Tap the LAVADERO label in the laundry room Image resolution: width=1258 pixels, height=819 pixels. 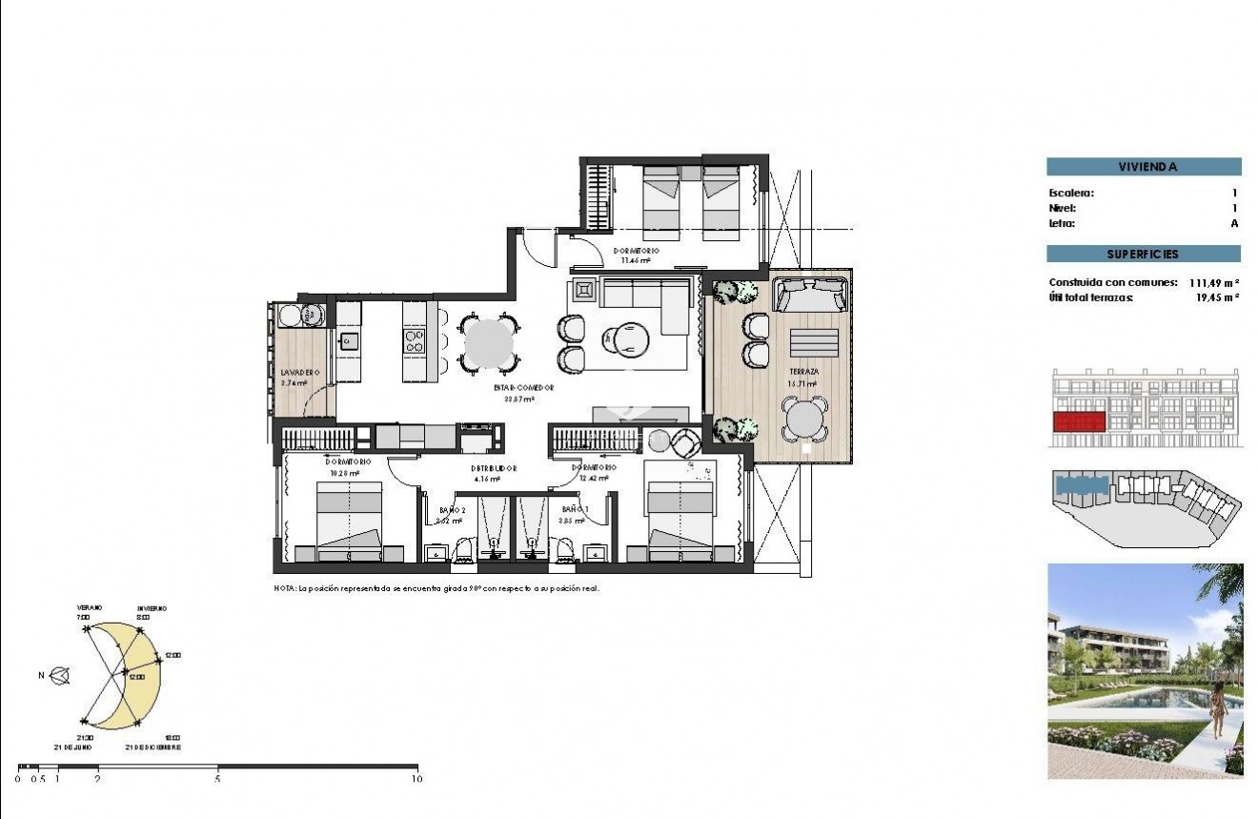(299, 372)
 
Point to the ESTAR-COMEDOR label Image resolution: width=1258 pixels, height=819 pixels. (523, 388)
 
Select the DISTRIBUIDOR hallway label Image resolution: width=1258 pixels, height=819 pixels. (494, 468)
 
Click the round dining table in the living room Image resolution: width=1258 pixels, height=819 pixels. (489, 343)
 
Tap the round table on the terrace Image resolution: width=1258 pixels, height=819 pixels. (805, 419)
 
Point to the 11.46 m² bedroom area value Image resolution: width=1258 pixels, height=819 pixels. (636, 259)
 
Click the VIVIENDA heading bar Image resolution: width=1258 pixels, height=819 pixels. (1144, 167)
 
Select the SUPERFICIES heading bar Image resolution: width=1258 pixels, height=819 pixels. (1144, 255)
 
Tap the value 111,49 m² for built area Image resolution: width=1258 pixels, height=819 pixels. (1213, 283)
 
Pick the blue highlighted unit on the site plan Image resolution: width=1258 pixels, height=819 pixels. (1081, 485)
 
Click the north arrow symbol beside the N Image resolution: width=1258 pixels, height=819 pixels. (61, 676)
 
